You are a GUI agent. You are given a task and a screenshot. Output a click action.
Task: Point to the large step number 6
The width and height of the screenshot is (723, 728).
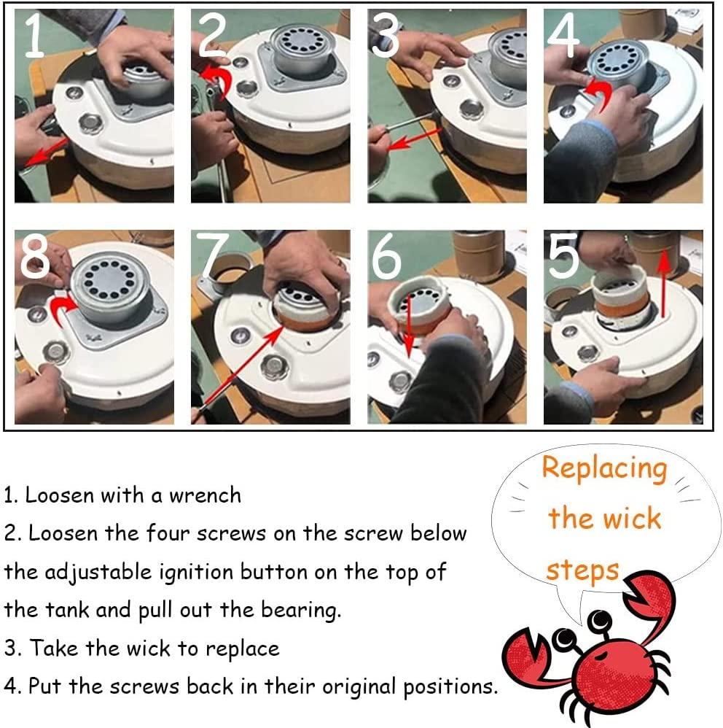386,256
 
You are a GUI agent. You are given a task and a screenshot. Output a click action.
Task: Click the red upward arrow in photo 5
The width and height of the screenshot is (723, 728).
664,283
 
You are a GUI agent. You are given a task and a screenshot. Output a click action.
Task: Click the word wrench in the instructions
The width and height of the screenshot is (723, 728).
205,495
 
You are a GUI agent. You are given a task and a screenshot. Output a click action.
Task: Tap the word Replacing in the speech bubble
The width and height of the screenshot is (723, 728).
605,469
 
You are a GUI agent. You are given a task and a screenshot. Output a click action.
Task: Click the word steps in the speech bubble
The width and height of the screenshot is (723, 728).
582,570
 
